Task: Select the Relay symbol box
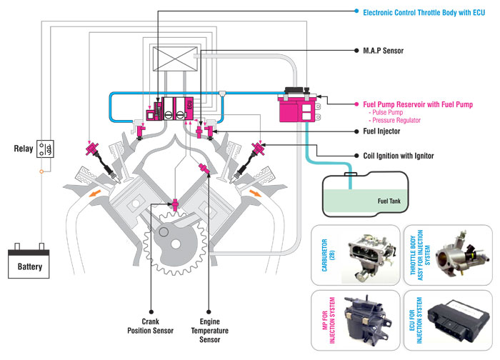pyautogui.click(x=45, y=149)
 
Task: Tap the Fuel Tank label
pyautogui.click(x=389, y=201)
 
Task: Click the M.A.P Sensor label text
pyautogui.click(x=384, y=51)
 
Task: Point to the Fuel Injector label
pyautogui.click(x=381, y=131)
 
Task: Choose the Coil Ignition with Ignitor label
pyautogui.click(x=399, y=156)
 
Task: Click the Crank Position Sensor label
pyautogui.click(x=150, y=326)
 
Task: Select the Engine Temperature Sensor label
pyautogui.click(x=209, y=330)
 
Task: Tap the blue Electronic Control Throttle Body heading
pyautogui.click(x=424, y=13)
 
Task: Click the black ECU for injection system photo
pyautogui.click(x=459, y=321)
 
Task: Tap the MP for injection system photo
pyautogui.click(x=366, y=319)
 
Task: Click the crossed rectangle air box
pyautogui.click(x=175, y=59)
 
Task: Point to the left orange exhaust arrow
pyautogui.click(x=95, y=194)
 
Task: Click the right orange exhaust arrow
pyautogui.click(x=255, y=193)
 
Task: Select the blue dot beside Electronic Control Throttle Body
pyautogui.click(x=356, y=11)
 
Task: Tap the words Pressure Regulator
pyautogui.click(x=396, y=121)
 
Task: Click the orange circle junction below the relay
pyautogui.click(x=41, y=171)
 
